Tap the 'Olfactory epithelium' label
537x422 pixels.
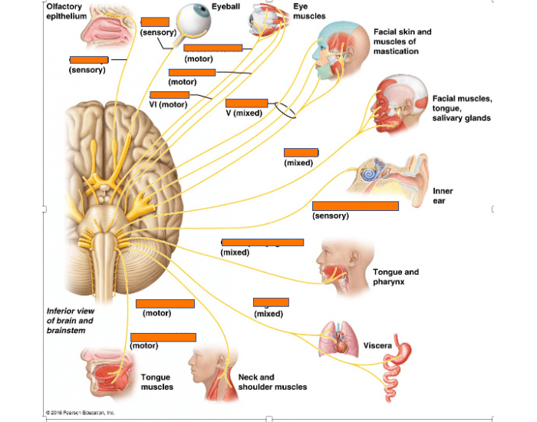coord(66,12)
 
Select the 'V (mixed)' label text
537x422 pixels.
coord(244,113)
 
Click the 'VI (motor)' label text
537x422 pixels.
coord(169,104)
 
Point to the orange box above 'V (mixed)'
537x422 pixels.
coord(247,103)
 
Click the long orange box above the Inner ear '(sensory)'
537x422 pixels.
coord(355,206)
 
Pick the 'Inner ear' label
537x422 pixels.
coord(443,196)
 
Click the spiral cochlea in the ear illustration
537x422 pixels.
coord(371,174)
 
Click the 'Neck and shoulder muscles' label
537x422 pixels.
coord(272,382)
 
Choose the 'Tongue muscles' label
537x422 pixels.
coord(156,382)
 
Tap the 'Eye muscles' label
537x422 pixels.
coord(309,11)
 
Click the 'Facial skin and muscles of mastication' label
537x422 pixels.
coord(402,41)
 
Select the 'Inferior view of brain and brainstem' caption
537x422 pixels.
coord(71,321)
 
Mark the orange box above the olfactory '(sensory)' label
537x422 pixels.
coord(88,59)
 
